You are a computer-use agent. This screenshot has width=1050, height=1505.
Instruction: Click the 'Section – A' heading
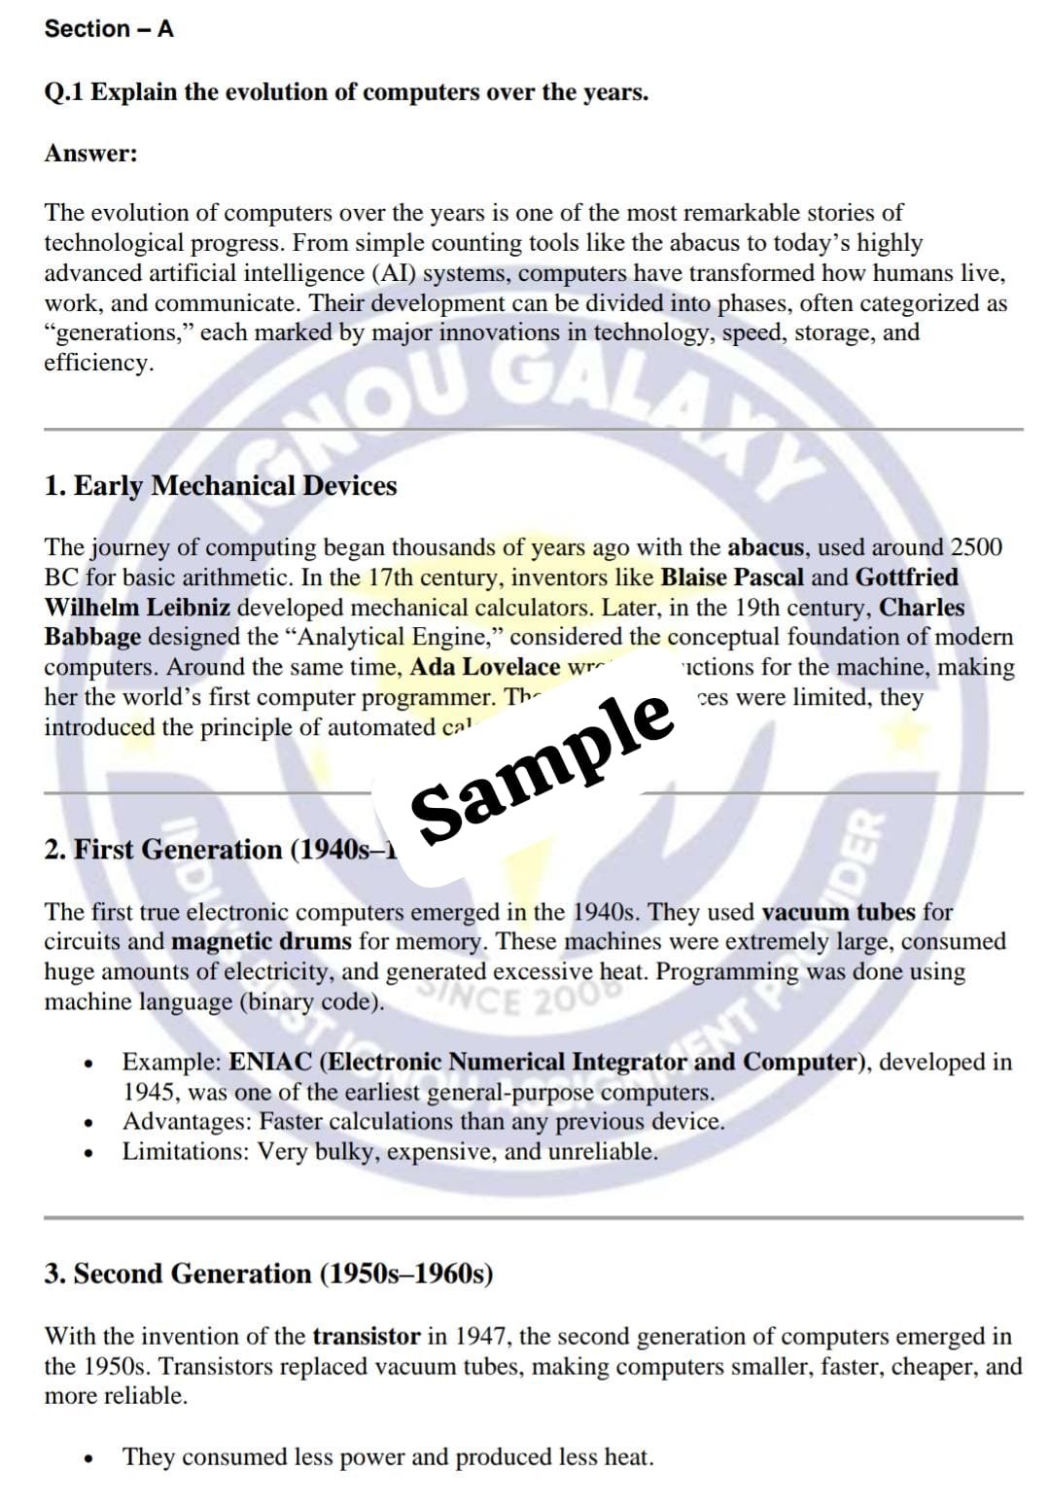coord(109,29)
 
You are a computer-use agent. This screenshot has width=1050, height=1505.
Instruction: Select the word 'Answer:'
coord(90,154)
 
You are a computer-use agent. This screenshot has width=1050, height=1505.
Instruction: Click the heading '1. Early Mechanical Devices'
coord(221,486)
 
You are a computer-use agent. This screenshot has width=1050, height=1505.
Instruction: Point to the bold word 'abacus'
coord(766,547)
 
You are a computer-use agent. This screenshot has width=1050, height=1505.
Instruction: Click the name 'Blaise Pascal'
coord(732,577)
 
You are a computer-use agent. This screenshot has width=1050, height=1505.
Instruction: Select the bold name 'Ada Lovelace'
coord(485,667)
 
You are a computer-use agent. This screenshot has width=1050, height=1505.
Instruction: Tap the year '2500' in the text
coord(976,547)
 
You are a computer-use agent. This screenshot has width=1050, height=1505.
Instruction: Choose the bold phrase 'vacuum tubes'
coord(838,912)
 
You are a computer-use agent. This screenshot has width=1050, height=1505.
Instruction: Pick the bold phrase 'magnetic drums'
coord(262,942)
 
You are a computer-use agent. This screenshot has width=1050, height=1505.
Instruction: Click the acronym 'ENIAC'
coord(270,1062)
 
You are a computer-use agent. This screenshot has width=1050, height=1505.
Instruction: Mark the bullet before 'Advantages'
coord(89,1124)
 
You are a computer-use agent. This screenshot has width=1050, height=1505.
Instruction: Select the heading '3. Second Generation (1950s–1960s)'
coord(268,1274)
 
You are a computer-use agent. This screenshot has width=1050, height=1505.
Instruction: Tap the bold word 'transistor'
coord(367,1337)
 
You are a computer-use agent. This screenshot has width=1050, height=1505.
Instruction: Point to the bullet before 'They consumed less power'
coord(89,1458)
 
